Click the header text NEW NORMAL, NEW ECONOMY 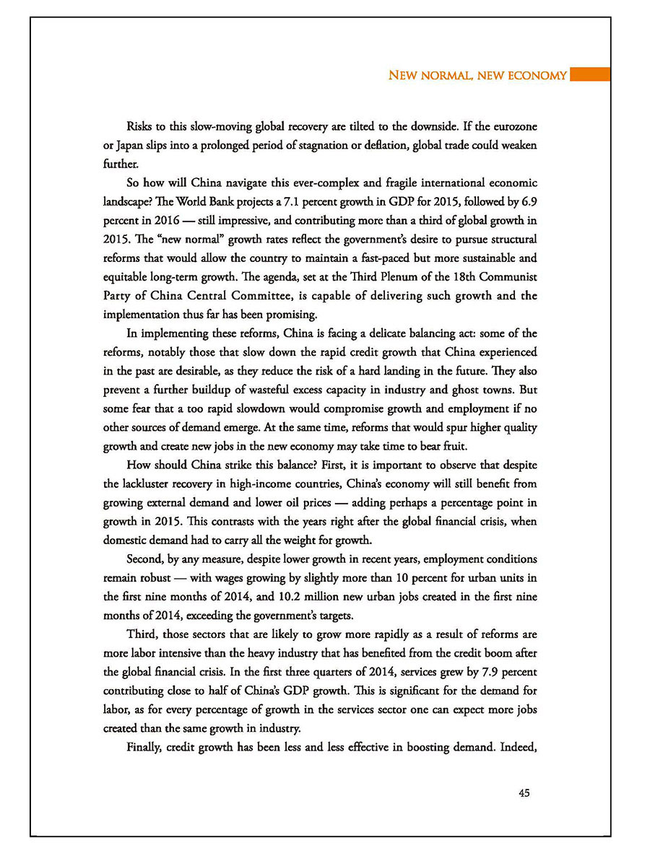pyautogui.click(x=477, y=75)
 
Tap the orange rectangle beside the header pyautogui.click(x=589, y=75)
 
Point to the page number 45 pyautogui.click(x=524, y=793)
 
